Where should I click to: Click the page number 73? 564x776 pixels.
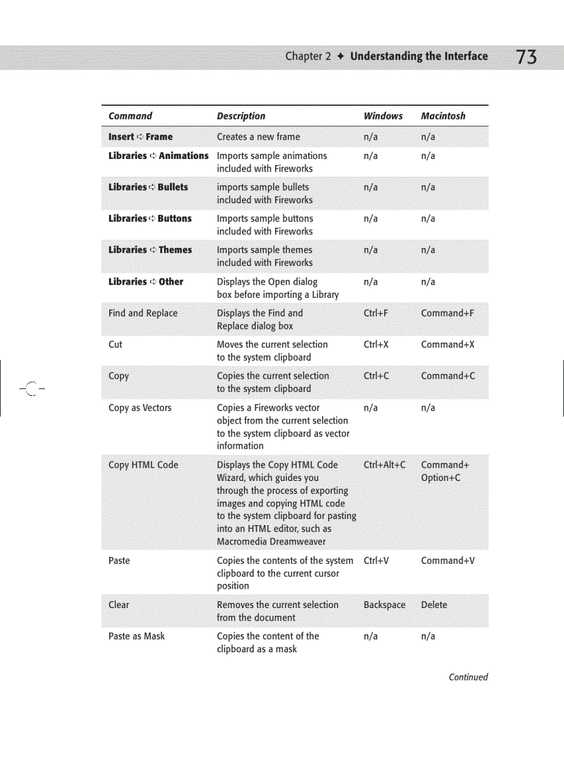(x=526, y=57)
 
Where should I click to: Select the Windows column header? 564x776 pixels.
(x=383, y=116)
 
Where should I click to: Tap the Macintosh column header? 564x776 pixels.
(x=443, y=116)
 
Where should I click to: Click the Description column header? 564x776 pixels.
(x=241, y=116)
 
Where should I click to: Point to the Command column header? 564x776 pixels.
(x=130, y=116)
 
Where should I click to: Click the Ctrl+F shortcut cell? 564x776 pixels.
(x=376, y=313)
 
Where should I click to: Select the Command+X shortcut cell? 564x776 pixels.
(x=447, y=344)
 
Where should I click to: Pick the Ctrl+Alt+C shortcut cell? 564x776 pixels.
(x=384, y=465)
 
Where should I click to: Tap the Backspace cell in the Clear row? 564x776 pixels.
(x=384, y=605)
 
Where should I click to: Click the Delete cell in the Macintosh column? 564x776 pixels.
(x=434, y=605)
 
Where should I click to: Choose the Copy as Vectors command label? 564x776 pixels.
(x=140, y=408)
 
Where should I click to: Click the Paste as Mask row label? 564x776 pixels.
(x=136, y=636)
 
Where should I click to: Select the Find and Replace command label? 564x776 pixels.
(x=142, y=313)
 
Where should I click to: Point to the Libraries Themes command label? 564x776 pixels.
(x=150, y=249)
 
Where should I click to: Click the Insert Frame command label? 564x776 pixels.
(x=140, y=137)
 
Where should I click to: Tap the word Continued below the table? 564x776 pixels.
(x=468, y=677)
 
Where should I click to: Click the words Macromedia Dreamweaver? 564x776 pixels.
(x=271, y=541)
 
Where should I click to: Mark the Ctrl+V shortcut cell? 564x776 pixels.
(x=376, y=560)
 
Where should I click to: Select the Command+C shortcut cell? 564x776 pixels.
(x=448, y=376)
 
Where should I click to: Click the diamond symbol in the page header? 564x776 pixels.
(x=340, y=57)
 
